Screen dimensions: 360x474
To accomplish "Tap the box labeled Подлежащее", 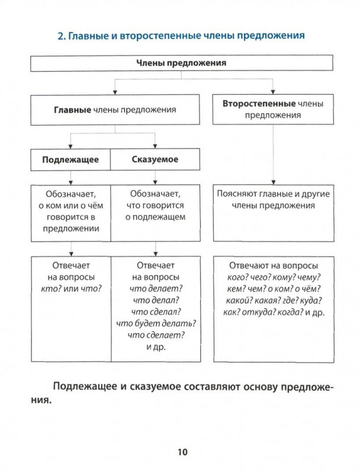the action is coord(70,159).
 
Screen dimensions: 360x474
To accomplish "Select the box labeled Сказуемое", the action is coord(155,159).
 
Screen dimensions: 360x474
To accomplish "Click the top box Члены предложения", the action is coord(182,63).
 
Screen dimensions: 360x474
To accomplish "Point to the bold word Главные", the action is coord(72,110).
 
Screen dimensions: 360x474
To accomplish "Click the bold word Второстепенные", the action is coord(259,103).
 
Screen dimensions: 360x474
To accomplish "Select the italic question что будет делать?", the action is coord(156,324).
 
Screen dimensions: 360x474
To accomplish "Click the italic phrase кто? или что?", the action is coord(71,289).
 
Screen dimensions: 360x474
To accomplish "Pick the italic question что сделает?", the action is coord(156,335).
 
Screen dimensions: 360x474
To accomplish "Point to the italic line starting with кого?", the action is coord(274,277).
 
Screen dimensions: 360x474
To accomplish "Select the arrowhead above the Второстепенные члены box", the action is coord(273,92).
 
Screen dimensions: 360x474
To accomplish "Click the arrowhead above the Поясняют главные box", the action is coord(274,182).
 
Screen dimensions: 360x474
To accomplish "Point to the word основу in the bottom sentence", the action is coord(261,387).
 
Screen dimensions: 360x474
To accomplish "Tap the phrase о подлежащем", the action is coord(155,217).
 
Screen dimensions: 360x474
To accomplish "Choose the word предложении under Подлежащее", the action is coord(71,229).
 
